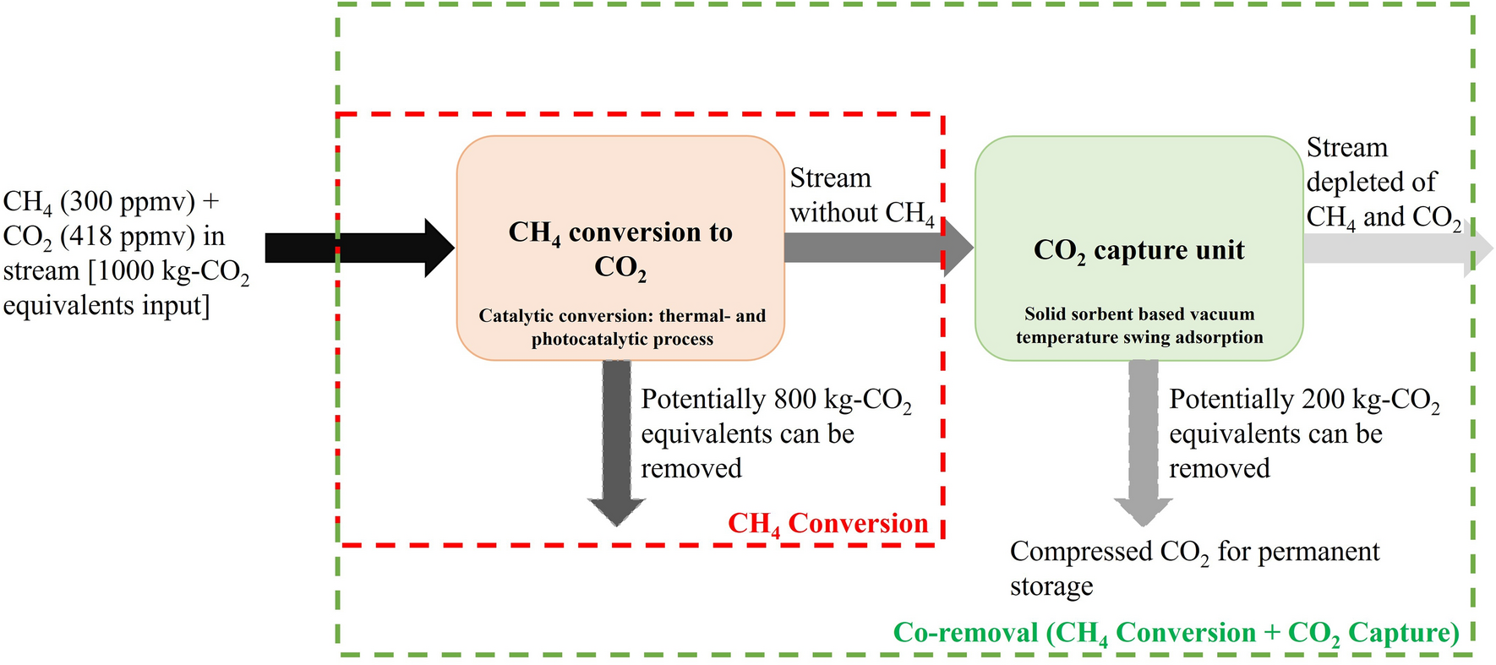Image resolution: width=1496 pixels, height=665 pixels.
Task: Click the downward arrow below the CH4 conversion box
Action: [617, 439]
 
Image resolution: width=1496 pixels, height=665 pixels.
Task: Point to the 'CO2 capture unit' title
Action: [1138, 251]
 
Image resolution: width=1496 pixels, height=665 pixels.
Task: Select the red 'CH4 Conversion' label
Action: [827, 524]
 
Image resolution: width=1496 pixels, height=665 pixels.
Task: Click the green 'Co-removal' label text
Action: [1176, 633]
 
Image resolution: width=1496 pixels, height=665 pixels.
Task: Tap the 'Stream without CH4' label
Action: [861, 196]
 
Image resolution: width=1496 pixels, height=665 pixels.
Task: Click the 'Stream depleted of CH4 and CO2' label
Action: [1381, 183]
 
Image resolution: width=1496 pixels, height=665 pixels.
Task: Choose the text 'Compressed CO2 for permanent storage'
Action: [1193, 568]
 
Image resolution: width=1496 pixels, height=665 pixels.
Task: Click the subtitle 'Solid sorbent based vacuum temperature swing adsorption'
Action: [1138, 326]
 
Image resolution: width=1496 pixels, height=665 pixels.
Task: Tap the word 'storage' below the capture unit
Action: [1051, 586]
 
